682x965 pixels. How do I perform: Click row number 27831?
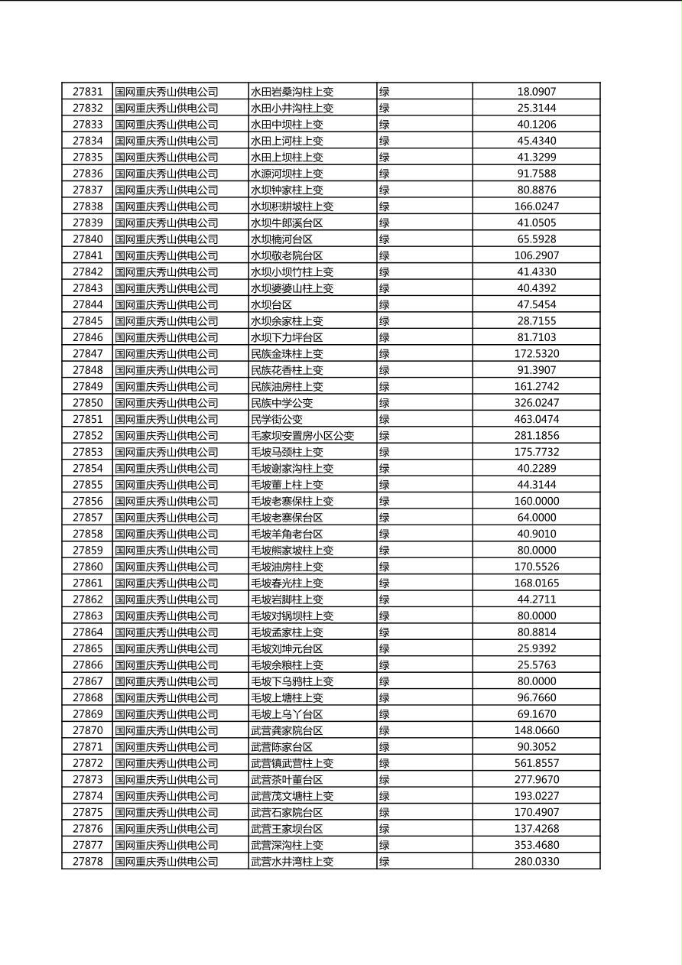(87, 92)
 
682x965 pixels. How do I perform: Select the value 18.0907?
(537, 92)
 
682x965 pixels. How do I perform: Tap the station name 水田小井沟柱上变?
(292, 109)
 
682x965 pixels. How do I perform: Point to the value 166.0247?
(537, 206)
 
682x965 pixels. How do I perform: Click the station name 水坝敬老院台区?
(287, 255)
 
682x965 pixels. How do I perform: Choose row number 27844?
(87, 304)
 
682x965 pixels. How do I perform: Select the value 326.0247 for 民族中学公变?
(537, 403)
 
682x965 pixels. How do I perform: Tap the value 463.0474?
(537, 419)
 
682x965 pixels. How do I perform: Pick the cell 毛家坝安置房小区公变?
(303, 436)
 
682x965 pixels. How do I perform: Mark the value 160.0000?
(537, 501)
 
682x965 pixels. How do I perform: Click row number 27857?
(87, 518)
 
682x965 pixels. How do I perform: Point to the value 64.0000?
(537, 518)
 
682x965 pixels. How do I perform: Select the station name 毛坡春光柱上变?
(287, 583)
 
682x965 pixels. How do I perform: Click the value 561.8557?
(537, 763)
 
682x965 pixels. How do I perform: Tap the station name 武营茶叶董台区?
(287, 779)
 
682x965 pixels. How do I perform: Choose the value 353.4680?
(537, 845)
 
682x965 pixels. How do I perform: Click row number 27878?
(87, 861)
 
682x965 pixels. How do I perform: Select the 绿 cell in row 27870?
(385, 730)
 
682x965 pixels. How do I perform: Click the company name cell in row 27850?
(167, 403)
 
